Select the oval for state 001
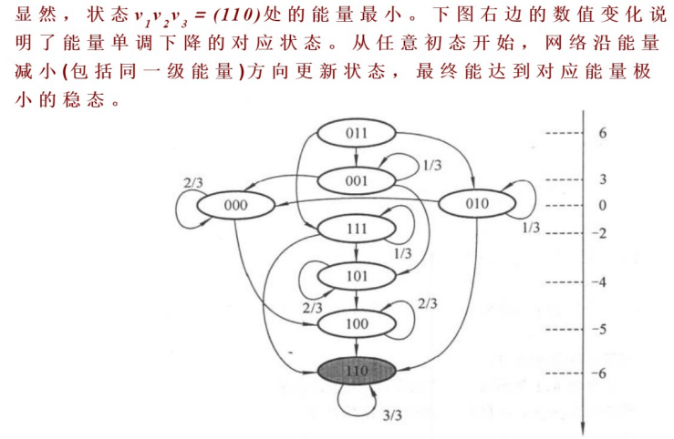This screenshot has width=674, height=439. (356, 180)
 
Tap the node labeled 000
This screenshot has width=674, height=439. (235, 205)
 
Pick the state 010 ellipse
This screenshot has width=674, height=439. (476, 203)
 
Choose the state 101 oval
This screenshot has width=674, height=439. (356, 274)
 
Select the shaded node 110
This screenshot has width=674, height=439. (357, 371)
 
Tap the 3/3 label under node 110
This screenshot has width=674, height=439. (392, 415)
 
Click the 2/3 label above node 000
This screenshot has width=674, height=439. (192, 182)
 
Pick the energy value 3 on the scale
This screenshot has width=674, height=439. (602, 179)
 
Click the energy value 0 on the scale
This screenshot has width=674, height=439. (602, 206)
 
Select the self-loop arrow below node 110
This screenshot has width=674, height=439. (357, 402)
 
